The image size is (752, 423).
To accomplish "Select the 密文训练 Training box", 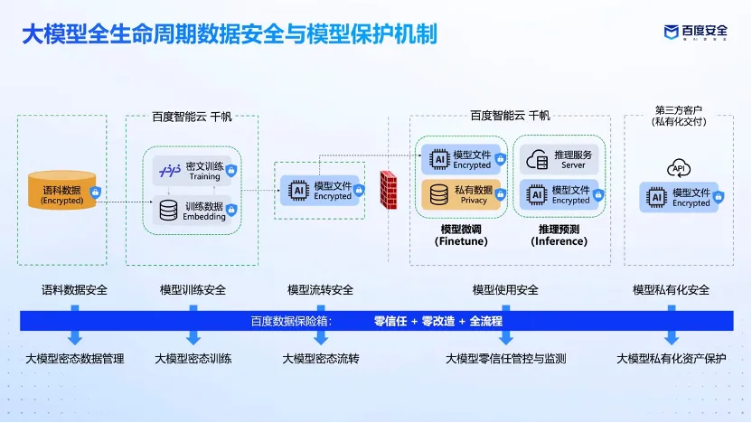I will click(192, 171).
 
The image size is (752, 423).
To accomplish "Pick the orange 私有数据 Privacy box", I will click(461, 194).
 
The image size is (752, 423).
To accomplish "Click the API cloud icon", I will click(678, 168).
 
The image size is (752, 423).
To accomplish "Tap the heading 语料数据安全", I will click(74, 290).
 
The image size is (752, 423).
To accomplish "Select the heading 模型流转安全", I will click(320, 290).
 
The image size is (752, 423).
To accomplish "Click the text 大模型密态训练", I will click(193, 359).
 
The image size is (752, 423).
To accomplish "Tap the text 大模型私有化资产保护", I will click(671, 359).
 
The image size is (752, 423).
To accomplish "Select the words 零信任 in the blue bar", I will click(390, 321).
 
